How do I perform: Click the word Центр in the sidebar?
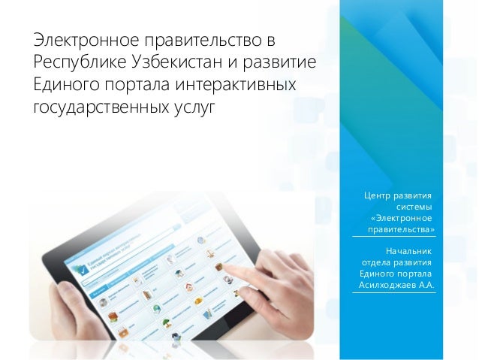pos(378,196)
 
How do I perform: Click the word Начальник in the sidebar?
pos(409,251)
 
